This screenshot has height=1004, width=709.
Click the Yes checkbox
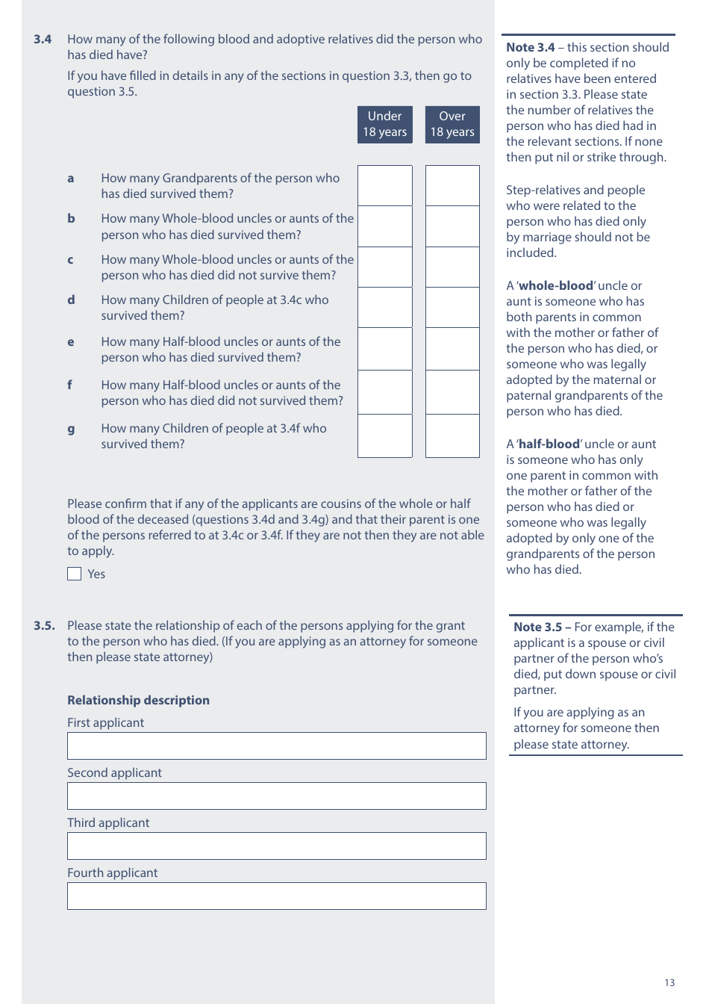pyautogui.click(x=74, y=574)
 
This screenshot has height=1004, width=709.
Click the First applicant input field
pyautogui.click(x=276, y=746)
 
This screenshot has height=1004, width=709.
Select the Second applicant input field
pyautogui.click(x=276, y=796)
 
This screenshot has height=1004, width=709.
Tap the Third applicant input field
pyautogui.click(x=276, y=846)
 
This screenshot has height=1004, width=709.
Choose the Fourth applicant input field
pyautogui.click(x=276, y=896)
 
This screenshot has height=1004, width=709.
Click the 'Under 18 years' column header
pyautogui.click(x=384, y=124)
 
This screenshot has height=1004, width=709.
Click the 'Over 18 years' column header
pyautogui.click(x=452, y=124)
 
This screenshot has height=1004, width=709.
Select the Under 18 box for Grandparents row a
pyautogui.click(x=384, y=185)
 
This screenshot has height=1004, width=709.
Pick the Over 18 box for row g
pyautogui.click(x=452, y=436)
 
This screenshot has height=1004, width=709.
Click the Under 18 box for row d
pyautogui.click(x=384, y=308)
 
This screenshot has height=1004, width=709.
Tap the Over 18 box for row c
pyautogui.click(x=452, y=267)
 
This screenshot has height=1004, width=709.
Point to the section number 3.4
pyautogui.click(x=43, y=40)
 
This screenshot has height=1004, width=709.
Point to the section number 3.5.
pyautogui.click(x=44, y=625)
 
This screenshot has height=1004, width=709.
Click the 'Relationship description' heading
pyautogui.click(x=138, y=700)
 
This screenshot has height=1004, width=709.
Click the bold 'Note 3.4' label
pyautogui.click(x=530, y=47)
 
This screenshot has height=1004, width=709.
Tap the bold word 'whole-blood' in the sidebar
pyautogui.click(x=556, y=285)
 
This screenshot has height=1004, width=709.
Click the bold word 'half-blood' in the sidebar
pyautogui.click(x=549, y=444)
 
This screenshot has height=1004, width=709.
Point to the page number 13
pyautogui.click(x=669, y=982)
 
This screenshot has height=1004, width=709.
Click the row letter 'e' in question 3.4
pyautogui.click(x=71, y=342)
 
